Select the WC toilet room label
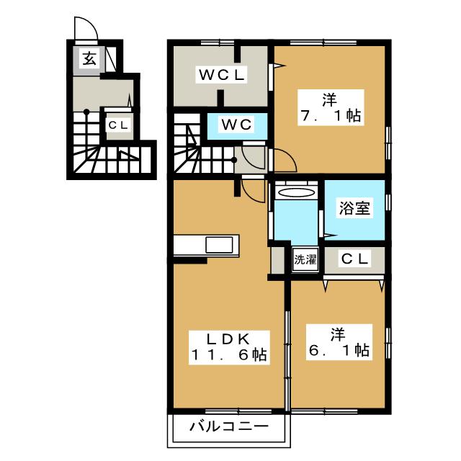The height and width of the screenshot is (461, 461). tap(236, 124)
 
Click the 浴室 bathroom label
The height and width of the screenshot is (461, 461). tap(355, 209)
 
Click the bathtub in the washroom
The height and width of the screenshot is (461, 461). tap(296, 193)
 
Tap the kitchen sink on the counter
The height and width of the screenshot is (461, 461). tap(219, 245)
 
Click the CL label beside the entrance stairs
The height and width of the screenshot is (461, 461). tap(117, 125)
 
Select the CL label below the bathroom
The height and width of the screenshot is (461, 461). tap(355, 259)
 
